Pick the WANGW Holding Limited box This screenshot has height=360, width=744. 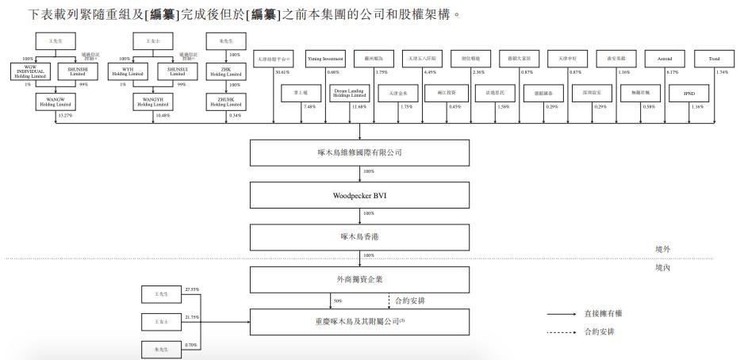(x=54, y=101)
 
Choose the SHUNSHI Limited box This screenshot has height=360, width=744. (x=78, y=71)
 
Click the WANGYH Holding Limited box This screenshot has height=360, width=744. (x=152, y=101)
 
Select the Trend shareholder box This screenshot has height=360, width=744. (x=713, y=59)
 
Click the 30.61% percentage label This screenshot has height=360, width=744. (x=282, y=72)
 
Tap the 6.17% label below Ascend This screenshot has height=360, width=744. (x=673, y=72)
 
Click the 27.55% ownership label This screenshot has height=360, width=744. (x=190, y=290)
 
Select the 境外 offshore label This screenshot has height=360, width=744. (x=663, y=250)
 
